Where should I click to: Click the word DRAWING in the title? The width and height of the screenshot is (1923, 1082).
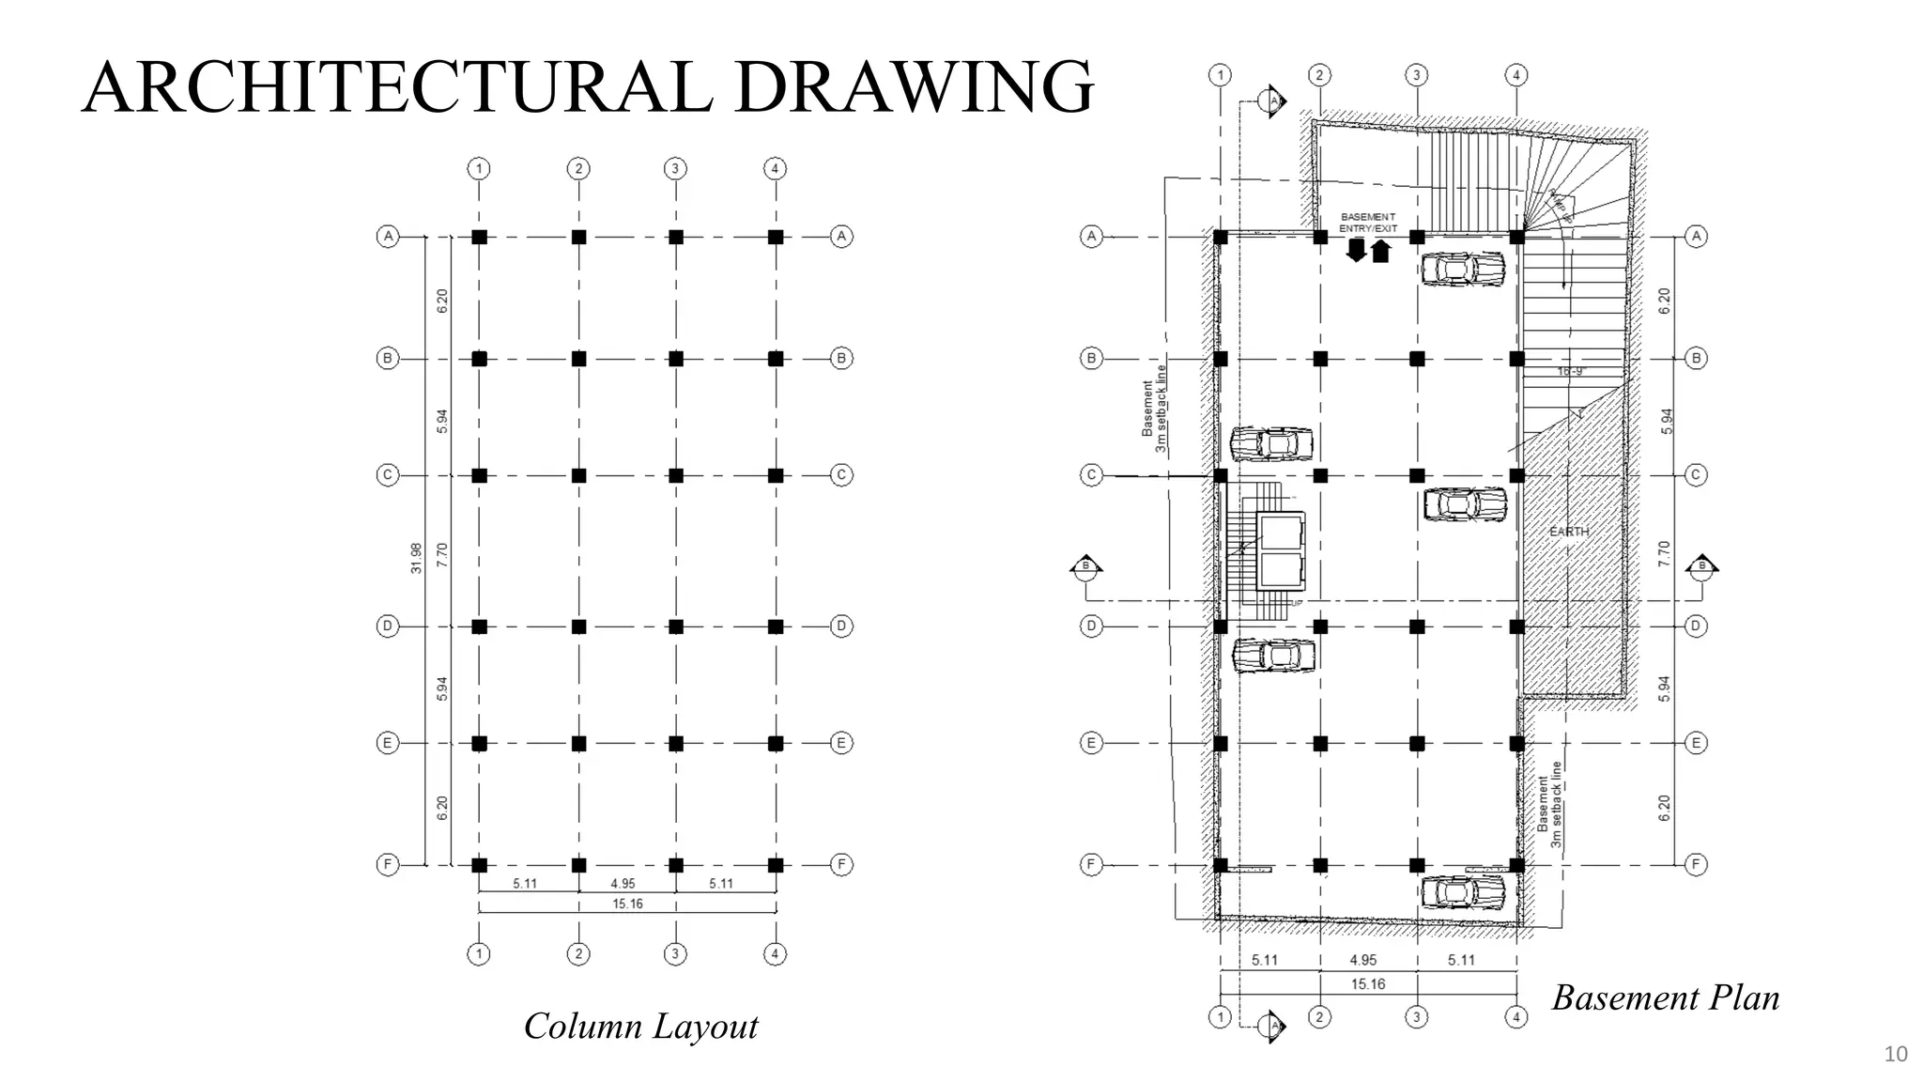point(913,87)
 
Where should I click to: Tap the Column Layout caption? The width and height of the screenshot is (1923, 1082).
point(640,1026)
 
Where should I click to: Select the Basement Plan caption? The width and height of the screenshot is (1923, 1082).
point(1665,997)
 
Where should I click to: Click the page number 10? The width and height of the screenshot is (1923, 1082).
point(1895,1054)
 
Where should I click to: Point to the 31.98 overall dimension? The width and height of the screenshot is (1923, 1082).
point(416,558)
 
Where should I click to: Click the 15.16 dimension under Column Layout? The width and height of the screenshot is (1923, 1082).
point(627,904)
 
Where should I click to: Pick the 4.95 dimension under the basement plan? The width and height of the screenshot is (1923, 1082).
point(1362,960)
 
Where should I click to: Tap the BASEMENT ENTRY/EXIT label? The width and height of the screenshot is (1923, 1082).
point(1368,223)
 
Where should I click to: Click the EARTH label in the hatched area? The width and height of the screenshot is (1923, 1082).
point(1569,532)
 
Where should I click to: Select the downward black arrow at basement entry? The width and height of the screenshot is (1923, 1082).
point(1356,250)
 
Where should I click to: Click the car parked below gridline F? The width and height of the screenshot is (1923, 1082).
point(1463,892)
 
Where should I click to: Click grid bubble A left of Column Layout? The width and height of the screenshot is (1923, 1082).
point(388,237)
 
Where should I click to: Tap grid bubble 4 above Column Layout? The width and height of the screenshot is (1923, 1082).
point(775,169)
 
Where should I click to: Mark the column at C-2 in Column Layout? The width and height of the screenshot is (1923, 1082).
point(578,476)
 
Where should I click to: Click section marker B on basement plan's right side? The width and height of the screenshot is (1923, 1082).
point(1701,565)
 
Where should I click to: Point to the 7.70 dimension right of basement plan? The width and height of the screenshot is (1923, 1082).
point(1664,552)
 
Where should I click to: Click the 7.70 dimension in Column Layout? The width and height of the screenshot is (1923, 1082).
point(442,554)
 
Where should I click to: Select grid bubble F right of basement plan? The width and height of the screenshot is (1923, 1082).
point(1696,864)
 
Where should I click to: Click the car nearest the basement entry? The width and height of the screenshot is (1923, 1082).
point(1463,269)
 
